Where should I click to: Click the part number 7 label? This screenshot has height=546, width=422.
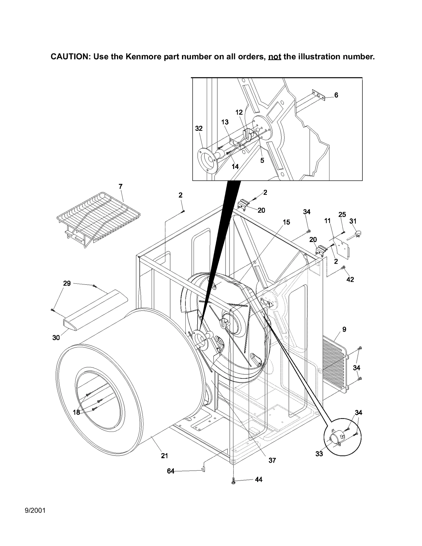121,187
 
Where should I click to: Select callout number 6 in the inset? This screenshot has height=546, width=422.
336,95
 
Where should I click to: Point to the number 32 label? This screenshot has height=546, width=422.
199,128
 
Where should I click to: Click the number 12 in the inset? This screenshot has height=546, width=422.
239,113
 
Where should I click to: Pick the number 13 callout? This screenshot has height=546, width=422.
225,122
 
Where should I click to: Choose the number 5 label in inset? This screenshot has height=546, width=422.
262,161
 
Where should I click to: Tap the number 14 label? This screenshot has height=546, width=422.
235,167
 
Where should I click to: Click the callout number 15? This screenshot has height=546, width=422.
286,222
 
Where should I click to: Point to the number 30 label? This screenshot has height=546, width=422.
56,337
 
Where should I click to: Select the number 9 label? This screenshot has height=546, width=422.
344,329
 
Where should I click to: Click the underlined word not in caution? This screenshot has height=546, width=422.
274,57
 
